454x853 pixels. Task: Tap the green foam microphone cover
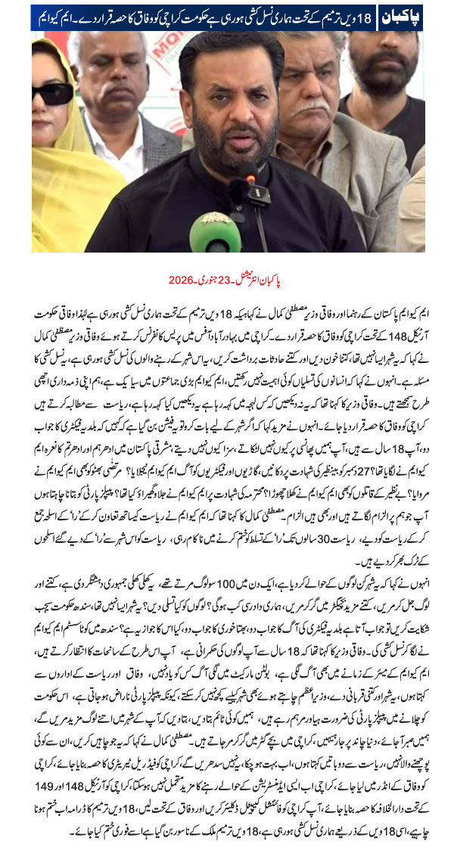[x=215, y=231]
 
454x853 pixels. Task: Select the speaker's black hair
[x=227, y=49]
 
